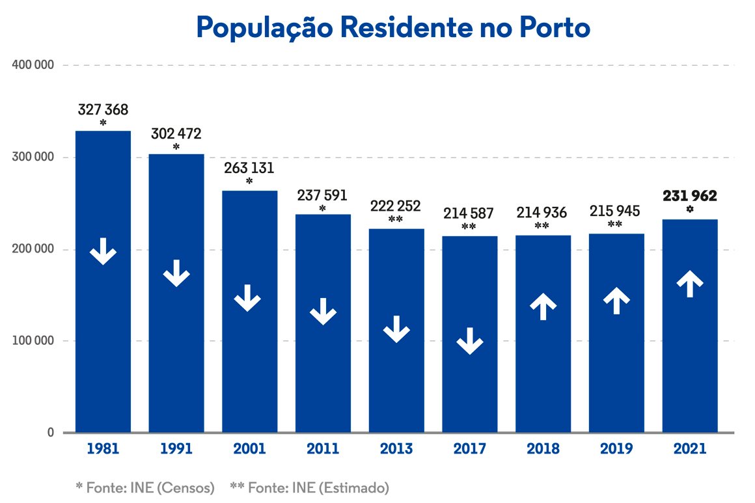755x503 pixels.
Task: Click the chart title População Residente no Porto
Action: coord(393,27)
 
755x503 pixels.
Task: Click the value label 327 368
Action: coord(103,110)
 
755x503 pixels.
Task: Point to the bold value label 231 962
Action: coord(690,196)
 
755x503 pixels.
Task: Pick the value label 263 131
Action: coord(249,168)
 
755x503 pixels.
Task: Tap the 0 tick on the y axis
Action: coord(49,433)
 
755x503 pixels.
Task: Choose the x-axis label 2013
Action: coord(396,449)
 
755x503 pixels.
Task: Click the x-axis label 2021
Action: coord(690,449)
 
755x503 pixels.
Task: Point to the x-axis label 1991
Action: coord(176,449)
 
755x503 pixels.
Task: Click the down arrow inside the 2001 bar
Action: coord(247,297)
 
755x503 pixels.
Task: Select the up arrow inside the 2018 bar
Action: coord(543,306)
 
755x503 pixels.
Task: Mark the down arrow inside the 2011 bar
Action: coord(323,312)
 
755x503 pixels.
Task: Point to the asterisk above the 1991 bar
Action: coord(176,148)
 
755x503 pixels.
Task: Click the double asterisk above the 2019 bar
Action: coord(615,225)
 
